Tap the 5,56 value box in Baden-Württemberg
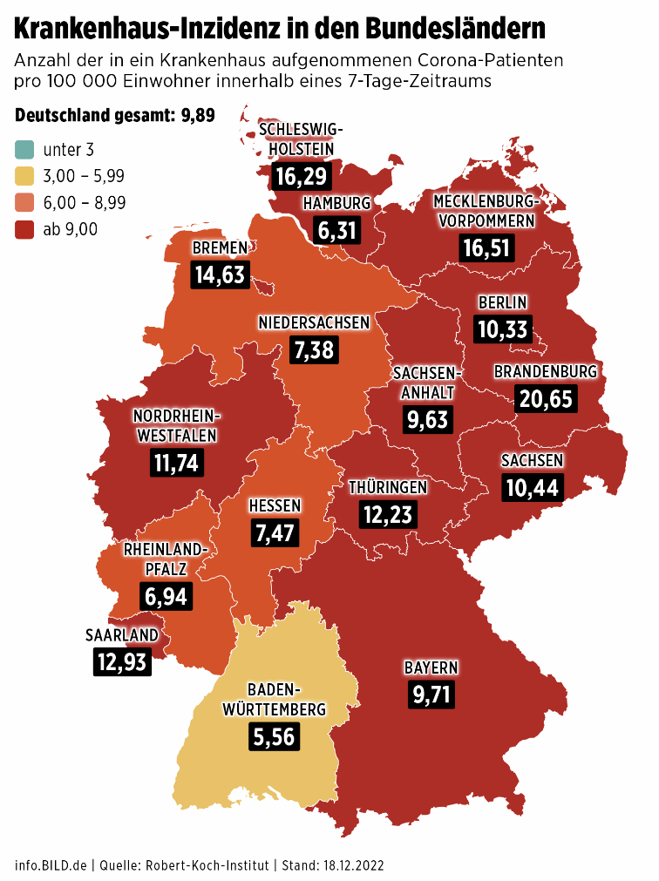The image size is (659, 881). [x=274, y=736]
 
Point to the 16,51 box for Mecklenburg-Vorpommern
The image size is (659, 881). [x=486, y=247]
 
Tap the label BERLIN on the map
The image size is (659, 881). [x=502, y=302]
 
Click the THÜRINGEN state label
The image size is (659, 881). [x=387, y=486]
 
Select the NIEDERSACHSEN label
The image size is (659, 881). [x=314, y=322]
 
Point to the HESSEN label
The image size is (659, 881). [x=275, y=505]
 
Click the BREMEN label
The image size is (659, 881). [x=221, y=248]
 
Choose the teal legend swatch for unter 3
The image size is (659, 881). [x=24, y=149]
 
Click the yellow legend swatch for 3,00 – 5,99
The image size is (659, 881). [x=24, y=176]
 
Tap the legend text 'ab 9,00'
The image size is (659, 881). [x=71, y=229]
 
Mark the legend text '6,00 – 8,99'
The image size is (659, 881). [x=85, y=202]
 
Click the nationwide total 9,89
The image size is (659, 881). [x=198, y=116]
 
